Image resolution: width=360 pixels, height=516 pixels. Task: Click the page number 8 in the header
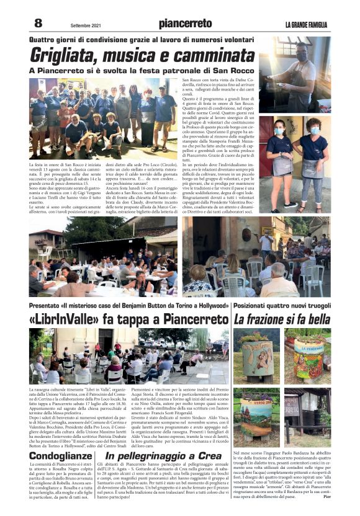(x=38, y=23)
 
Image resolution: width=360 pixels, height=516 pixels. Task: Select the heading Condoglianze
(x=60, y=456)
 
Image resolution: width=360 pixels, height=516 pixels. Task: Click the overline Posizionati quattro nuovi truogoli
(x=282, y=305)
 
